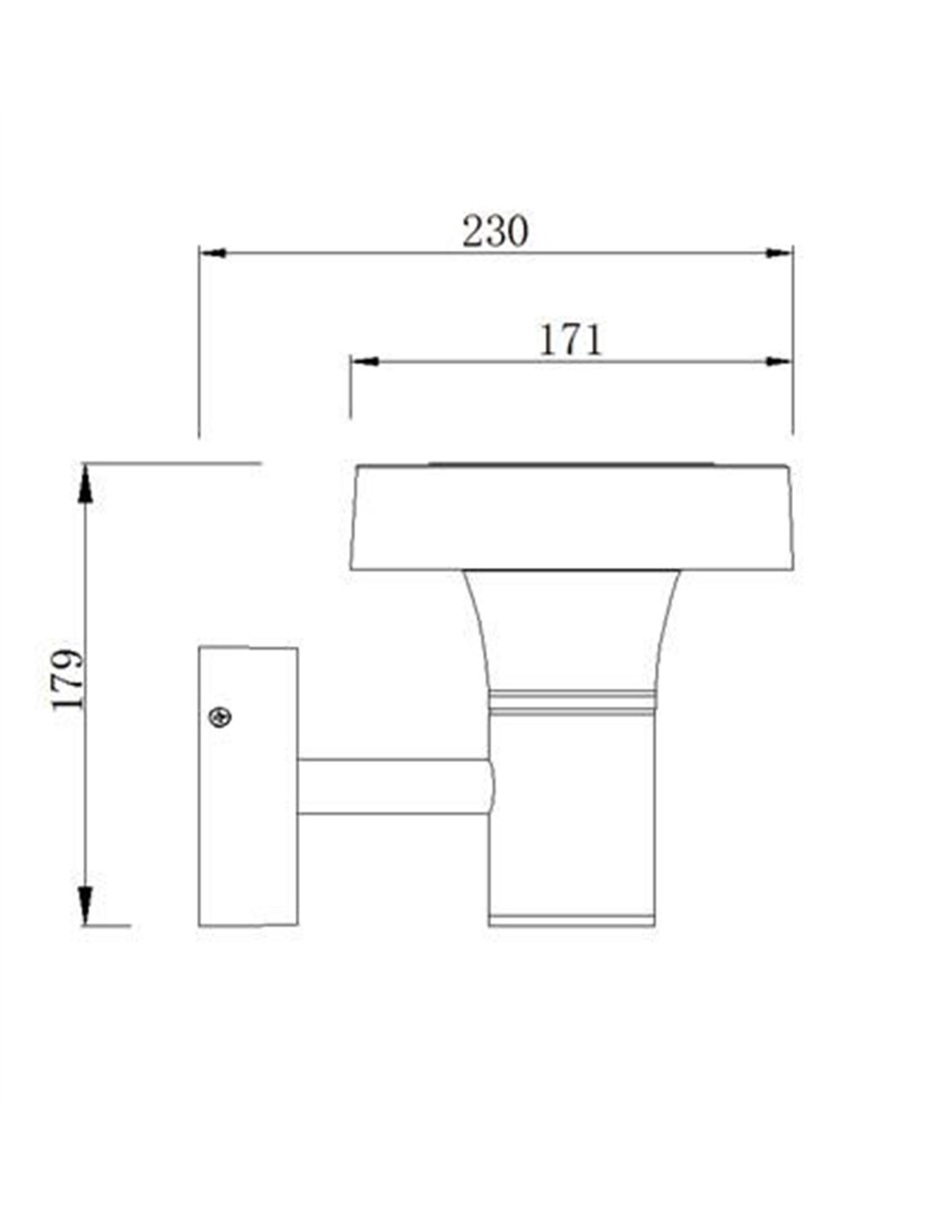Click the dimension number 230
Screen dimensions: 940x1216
point(495,231)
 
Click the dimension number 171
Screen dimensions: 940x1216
point(570,340)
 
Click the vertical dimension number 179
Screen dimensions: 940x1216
point(68,679)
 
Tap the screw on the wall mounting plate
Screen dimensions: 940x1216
point(220,717)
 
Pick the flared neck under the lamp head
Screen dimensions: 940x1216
point(571,631)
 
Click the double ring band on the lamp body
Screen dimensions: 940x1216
point(571,704)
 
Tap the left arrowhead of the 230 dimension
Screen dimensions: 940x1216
point(213,253)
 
